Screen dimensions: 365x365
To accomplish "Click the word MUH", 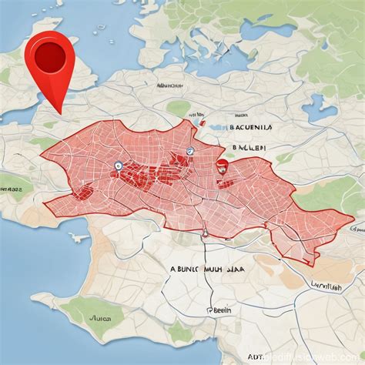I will pyautogui.click(x=224, y=270).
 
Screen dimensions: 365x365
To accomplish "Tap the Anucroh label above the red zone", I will pyautogui.click(x=172, y=86).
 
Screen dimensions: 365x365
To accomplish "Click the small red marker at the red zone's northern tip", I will pyautogui.click(x=201, y=121).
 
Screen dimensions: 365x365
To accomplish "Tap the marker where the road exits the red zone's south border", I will pyautogui.click(x=205, y=233).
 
